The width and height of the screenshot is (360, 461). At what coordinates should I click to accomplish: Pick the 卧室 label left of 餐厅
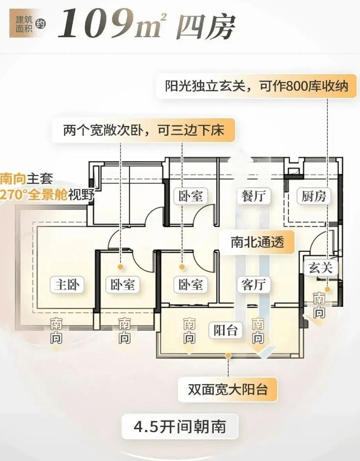pos(190,196)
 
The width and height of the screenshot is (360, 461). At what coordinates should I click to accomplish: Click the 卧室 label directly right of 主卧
pos(123,284)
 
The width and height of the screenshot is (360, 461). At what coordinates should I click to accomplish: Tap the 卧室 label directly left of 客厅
pos(190,284)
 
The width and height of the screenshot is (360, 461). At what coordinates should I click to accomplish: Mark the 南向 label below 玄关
pos(319,304)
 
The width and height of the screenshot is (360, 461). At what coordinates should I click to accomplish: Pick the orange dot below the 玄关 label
pos(326,289)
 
